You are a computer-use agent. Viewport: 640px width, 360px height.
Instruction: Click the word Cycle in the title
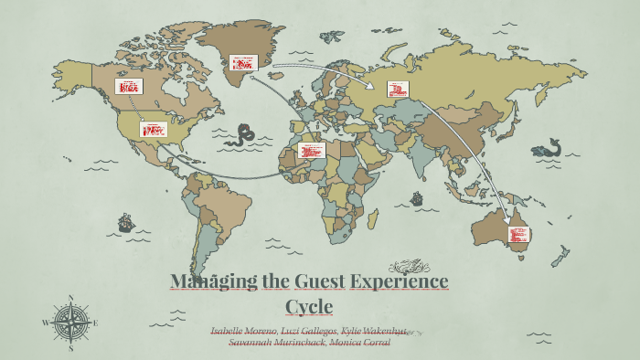309,305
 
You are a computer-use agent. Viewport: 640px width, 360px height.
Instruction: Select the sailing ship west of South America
125,222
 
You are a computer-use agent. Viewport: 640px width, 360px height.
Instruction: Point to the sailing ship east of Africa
417,198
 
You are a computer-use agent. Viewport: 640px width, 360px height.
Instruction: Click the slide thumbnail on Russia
398,90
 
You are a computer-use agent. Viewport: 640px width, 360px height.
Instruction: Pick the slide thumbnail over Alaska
128,87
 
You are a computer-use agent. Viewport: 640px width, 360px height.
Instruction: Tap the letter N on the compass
70,297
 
